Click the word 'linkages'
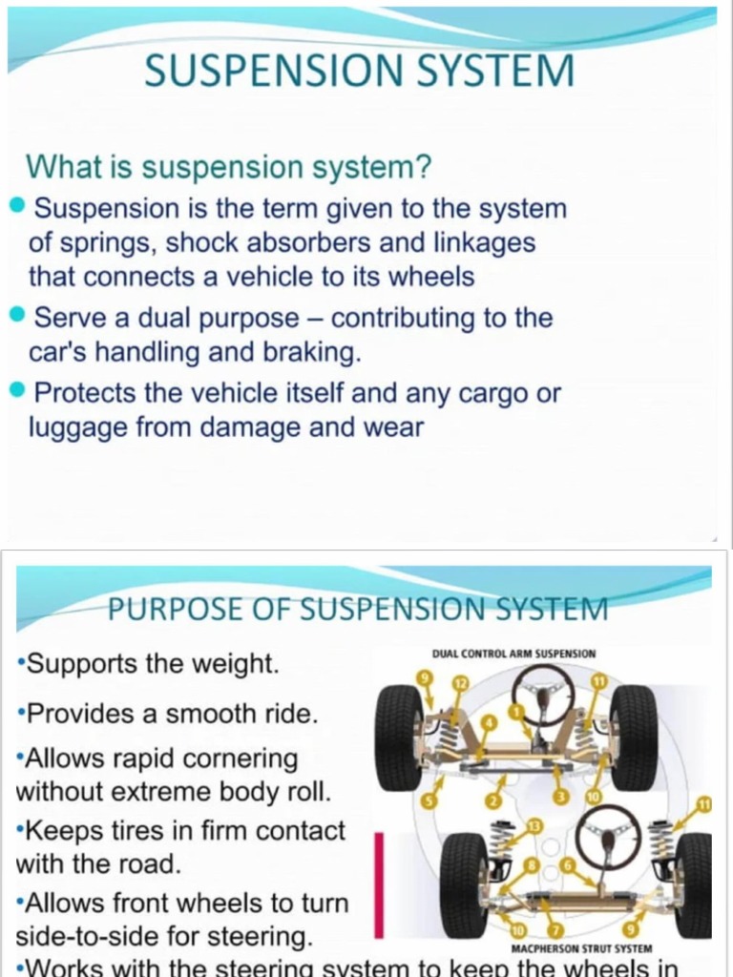[484, 242]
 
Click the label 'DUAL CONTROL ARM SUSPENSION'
[513, 654]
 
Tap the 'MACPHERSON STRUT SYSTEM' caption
[581, 950]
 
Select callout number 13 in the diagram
[534, 824]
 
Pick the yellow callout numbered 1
[515, 711]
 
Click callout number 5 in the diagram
[429, 800]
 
